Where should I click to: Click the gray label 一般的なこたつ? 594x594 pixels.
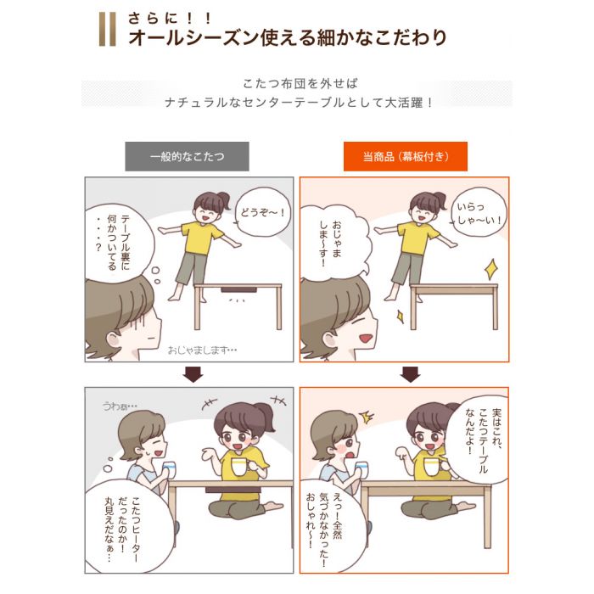(x=188, y=156)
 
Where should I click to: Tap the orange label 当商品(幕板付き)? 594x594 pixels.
(x=406, y=156)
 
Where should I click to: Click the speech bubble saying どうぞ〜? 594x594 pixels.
(x=262, y=212)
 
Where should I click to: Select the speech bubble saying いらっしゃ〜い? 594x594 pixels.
(x=479, y=213)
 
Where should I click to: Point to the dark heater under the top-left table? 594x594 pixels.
(x=238, y=290)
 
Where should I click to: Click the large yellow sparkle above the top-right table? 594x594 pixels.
(x=491, y=269)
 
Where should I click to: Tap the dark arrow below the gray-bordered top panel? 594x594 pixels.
(x=193, y=375)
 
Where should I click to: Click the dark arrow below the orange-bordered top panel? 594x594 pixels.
(x=410, y=375)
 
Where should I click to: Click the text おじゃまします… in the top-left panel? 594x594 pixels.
(x=202, y=350)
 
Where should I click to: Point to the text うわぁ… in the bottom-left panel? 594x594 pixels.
(x=120, y=406)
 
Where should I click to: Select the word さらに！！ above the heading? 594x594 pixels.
(x=170, y=18)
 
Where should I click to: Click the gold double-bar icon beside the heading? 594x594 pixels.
(x=108, y=29)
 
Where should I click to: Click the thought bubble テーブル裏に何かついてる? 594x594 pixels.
(x=118, y=244)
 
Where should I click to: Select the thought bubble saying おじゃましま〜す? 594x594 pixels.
(x=333, y=242)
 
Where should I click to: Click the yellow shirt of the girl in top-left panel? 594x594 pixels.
(x=202, y=237)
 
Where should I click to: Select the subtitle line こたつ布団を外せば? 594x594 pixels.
(x=300, y=83)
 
